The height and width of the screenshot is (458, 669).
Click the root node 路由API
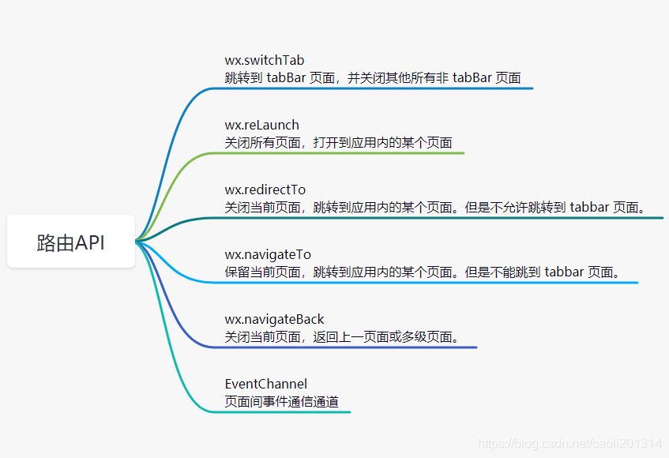point(71,242)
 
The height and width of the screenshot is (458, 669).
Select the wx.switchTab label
point(265,61)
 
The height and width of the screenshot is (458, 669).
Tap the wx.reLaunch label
point(261,126)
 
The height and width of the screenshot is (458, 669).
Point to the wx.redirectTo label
point(265,190)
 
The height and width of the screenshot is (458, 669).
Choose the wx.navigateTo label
point(268,255)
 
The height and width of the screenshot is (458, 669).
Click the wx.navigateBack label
point(274,320)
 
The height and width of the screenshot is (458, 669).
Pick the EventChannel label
point(265,385)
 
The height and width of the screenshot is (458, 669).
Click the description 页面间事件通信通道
point(282,402)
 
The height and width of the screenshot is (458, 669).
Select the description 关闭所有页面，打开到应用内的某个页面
point(338,143)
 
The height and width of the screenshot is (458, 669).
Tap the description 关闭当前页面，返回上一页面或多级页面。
point(342,337)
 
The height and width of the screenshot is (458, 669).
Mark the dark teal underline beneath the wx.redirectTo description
point(442,218)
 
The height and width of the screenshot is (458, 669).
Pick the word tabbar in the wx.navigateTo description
point(564,272)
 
